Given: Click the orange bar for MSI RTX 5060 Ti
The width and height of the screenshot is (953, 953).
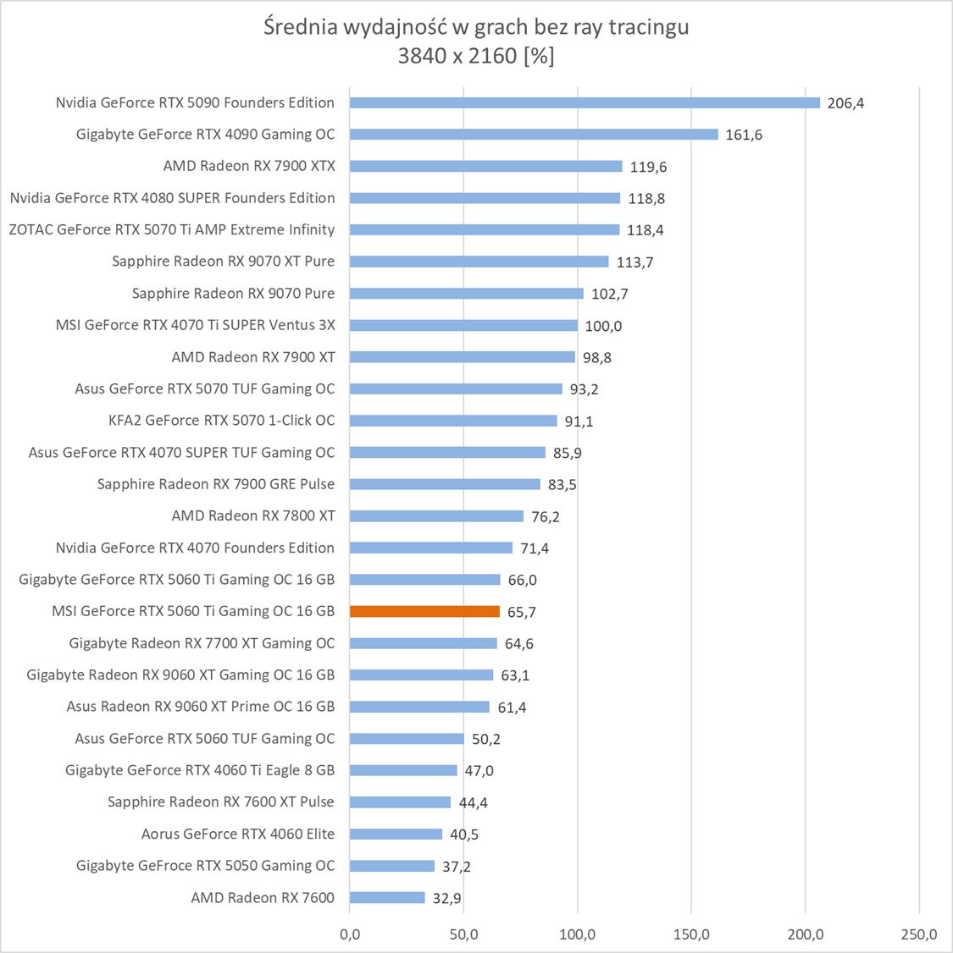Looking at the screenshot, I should tap(424, 611).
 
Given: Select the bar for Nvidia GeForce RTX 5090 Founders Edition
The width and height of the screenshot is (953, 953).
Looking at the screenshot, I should tap(585, 102).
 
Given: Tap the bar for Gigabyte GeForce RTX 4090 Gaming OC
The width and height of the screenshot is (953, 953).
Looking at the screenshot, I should tap(534, 134).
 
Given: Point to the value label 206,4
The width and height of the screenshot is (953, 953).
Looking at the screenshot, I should tap(845, 103).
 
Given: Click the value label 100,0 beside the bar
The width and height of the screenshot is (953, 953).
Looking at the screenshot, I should tap(603, 326).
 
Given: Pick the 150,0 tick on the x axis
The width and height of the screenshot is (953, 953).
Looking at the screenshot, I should tap(691, 934).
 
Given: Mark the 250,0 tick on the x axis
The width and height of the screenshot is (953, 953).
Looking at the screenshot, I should tap(919, 934).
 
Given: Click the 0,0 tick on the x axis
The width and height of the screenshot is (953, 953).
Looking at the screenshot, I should tap(349, 934).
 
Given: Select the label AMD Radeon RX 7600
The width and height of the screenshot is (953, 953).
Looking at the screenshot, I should tap(263, 897).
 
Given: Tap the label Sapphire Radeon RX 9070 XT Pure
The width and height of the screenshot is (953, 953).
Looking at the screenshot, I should tap(223, 262).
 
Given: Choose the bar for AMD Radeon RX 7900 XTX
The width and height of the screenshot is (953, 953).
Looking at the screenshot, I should tap(485, 166).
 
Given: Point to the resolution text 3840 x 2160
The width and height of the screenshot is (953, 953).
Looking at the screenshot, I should tap(457, 56).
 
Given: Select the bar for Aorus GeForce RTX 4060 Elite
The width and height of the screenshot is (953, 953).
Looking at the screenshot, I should tap(396, 834).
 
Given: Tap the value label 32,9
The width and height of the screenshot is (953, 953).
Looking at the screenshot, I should tap(446, 898).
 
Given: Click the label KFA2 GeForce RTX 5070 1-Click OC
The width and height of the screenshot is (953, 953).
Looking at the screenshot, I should tap(222, 421).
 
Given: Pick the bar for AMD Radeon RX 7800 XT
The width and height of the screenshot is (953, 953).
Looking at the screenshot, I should tap(436, 515).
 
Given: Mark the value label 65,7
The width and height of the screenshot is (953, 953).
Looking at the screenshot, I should tap(521, 612).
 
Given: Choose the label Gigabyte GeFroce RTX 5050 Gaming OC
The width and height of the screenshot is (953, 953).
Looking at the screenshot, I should tap(205, 865).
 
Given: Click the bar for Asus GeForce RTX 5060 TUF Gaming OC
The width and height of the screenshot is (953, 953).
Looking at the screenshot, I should tap(407, 738).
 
